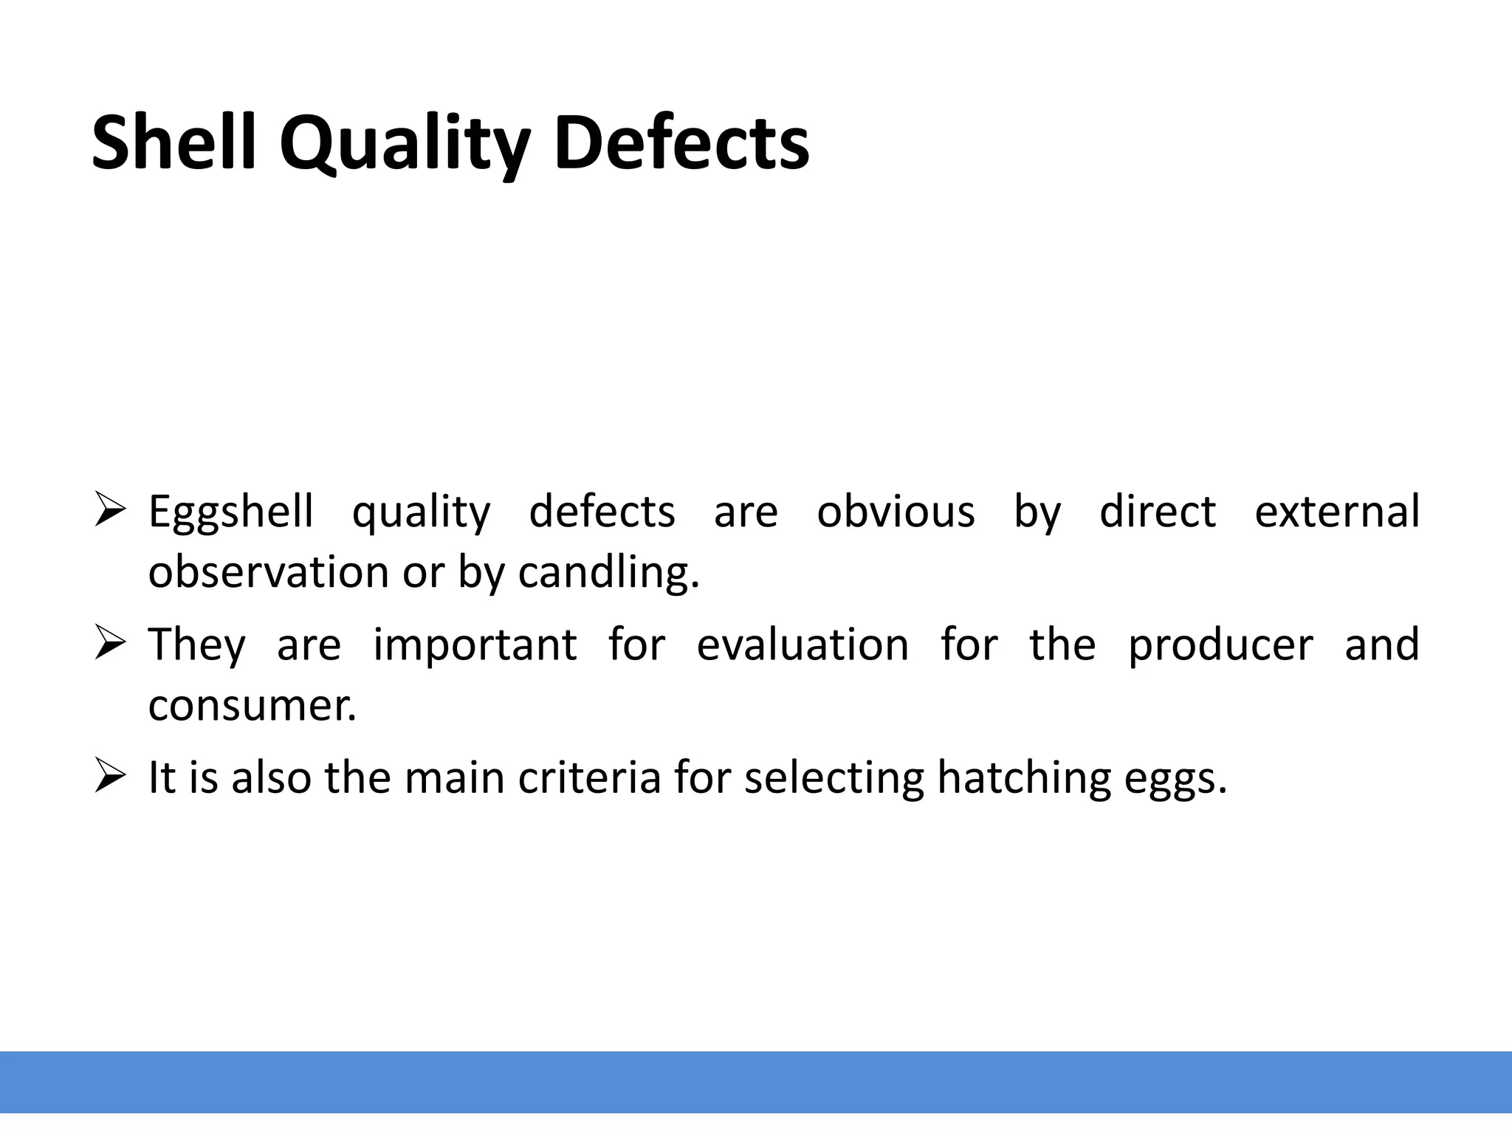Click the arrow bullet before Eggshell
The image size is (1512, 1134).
111,511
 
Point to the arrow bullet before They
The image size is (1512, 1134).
111,643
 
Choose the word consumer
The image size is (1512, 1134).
252,705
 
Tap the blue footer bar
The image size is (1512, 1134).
756,1082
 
